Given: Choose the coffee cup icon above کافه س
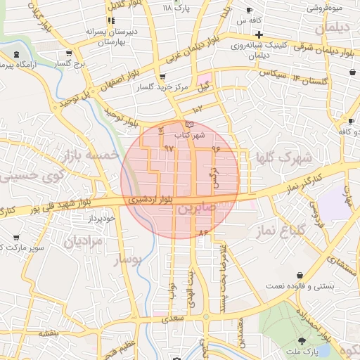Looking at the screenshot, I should click(250, 10).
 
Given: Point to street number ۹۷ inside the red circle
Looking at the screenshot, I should click(168, 148).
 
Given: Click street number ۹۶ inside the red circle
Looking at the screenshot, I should click(214, 148).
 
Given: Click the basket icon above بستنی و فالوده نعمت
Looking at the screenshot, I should click(301, 274).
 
